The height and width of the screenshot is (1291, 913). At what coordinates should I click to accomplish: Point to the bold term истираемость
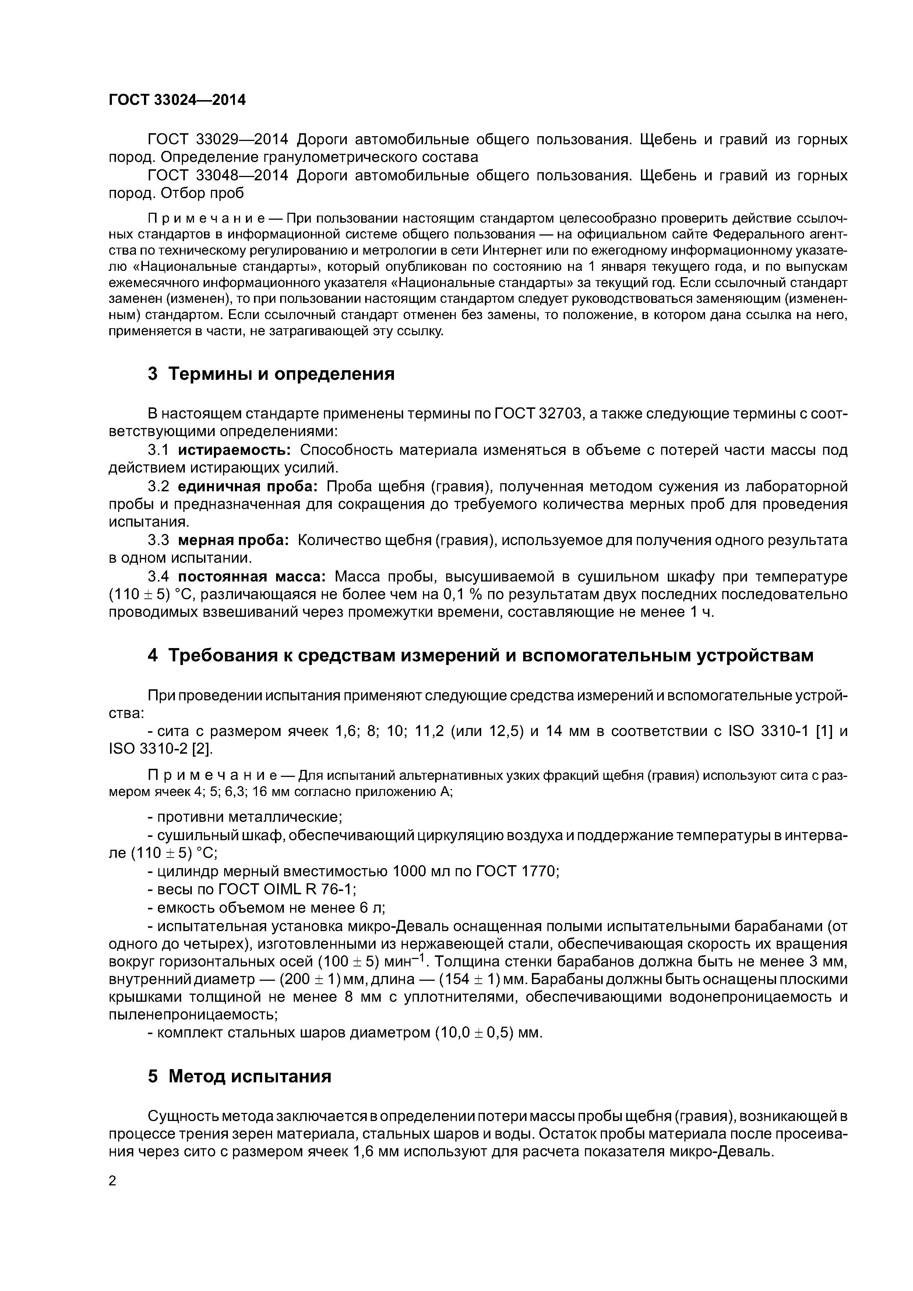coord(234,450)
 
